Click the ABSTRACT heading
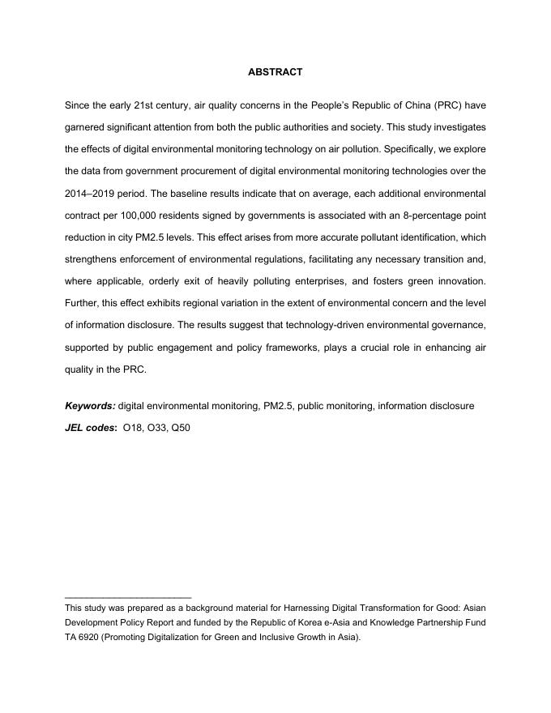pos(275,72)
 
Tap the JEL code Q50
pos(179,427)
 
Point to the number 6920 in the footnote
pos(89,637)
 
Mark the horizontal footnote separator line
pos(128,596)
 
